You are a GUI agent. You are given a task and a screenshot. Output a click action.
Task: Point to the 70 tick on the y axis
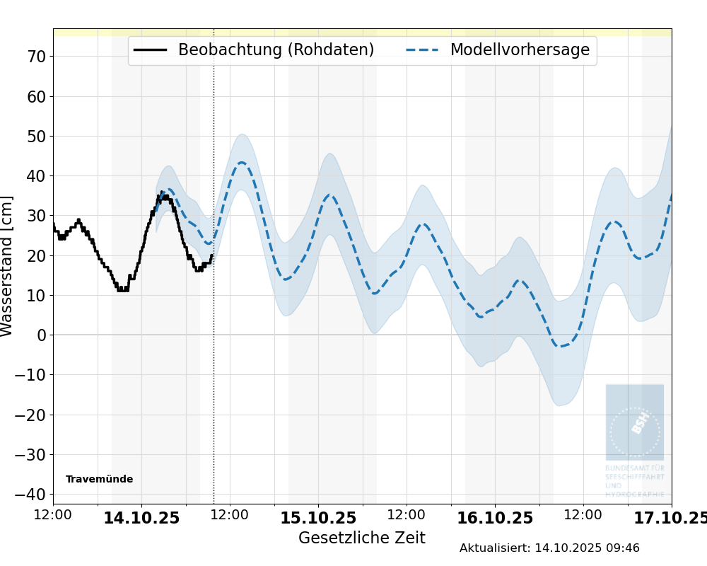(36, 57)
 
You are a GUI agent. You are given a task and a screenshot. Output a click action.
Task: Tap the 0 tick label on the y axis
(41, 335)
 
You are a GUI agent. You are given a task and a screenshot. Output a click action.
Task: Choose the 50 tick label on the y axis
(36, 137)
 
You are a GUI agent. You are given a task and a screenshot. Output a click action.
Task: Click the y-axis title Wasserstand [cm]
(8, 266)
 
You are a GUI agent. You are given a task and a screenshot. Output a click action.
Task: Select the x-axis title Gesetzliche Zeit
(361, 538)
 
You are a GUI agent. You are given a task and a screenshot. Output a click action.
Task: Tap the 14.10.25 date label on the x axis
(141, 519)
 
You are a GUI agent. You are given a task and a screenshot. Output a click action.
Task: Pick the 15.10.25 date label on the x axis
(318, 519)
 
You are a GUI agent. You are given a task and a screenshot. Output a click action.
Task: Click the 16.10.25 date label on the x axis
(495, 519)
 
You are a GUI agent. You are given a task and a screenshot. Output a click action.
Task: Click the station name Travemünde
(99, 480)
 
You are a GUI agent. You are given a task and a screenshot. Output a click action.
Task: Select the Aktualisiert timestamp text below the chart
(549, 548)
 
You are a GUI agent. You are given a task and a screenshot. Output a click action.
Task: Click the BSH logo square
(634, 422)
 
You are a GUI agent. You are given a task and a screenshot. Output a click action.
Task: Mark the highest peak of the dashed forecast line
(242, 163)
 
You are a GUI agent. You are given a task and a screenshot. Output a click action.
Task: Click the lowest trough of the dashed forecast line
(560, 346)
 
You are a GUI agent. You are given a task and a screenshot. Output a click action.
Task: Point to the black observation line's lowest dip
(122, 289)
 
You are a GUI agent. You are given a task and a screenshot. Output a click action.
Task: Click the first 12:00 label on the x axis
(53, 515)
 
